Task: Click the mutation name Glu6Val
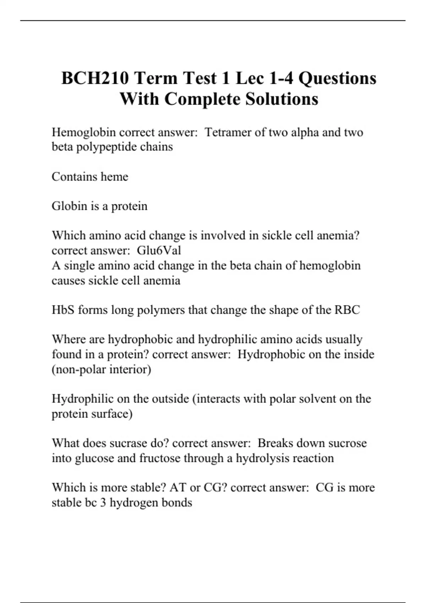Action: [159, 250]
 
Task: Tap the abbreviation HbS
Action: [63, 310]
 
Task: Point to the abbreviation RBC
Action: [347, 310]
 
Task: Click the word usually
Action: [344, 339]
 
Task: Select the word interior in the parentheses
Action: [129, 369]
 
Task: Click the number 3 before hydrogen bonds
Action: [103, 502]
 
